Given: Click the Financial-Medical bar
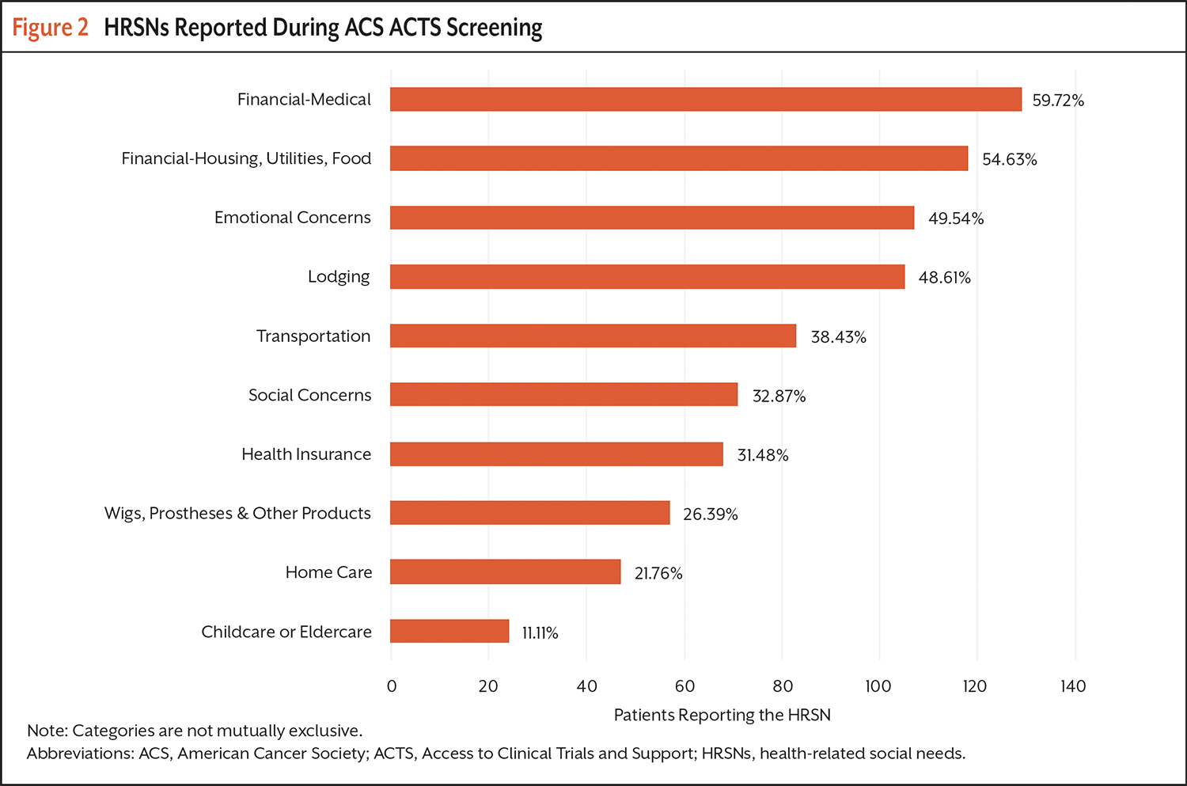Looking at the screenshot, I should (x=706, y=99).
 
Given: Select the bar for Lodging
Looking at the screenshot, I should (x=647, y=276).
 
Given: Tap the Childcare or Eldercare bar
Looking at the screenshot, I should (x=449, y=631).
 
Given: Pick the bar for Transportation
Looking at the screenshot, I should (x=593, y=336).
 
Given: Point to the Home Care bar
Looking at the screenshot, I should (x=506, y=571).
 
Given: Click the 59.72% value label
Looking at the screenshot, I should (x=1058, y=101).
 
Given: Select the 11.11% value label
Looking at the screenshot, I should (x=540, y=633).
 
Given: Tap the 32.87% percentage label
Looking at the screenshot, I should (x=779, y=397).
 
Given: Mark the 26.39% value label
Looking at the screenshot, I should (x=710, y=515).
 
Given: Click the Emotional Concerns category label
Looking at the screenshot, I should (x=292, y=218).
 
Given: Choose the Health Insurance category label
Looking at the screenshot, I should (x=306, y=454).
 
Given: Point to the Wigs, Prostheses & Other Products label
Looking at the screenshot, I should (x=237, y=513).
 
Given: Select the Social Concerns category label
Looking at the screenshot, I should (x=309, y=395).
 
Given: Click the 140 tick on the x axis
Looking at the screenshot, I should (x=1073, y=686).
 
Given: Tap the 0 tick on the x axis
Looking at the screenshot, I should (x=392, y=686).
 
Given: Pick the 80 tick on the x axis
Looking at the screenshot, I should (x=783, y=686).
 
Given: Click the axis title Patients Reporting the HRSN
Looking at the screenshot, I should (x=722, y=716).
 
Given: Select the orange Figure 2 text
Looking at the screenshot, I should (x=50, y=28).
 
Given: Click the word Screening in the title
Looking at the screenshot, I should (x=494, y=28).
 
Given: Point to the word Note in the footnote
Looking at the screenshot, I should (x=46, y=731).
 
